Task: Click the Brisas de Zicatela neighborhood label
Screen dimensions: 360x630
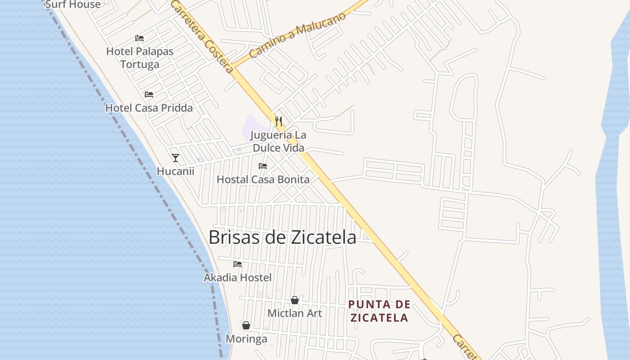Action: (x=282, y=237)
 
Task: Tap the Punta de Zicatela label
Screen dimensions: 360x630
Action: (x=379, y=311)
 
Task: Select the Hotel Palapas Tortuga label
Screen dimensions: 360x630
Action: (x=139, y=58)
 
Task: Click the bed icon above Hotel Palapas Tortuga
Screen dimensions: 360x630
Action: (x=139, y=38)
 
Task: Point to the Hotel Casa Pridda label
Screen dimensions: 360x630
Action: (x=149, y=108)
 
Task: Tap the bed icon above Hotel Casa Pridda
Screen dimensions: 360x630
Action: (x=149, y=94)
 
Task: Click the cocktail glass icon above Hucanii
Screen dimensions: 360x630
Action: (x=175, y=158)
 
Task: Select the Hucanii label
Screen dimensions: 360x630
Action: (x=175, y=171)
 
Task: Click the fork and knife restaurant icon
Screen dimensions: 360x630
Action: (x=279, y=121)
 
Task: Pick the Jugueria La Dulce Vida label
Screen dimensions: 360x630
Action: (x=278, y=141)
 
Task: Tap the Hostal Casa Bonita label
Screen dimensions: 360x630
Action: (x=263, y=180)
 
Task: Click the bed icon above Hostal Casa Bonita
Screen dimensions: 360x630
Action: (x=263, y=166)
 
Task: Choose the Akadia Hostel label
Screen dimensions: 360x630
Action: (x=238, y=278)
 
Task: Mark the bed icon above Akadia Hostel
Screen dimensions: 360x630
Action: (x=238, y=264)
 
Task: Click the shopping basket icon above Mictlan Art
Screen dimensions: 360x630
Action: (x=295, y=300)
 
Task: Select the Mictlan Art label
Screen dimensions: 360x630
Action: (x=295, y=313)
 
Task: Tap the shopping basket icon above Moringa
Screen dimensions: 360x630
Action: (x=246, y=325)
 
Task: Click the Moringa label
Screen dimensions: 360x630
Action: (x=246, y=339)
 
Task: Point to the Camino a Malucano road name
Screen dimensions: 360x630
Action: (x=298, y=35)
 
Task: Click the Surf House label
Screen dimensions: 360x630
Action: (x=73, y=4)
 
